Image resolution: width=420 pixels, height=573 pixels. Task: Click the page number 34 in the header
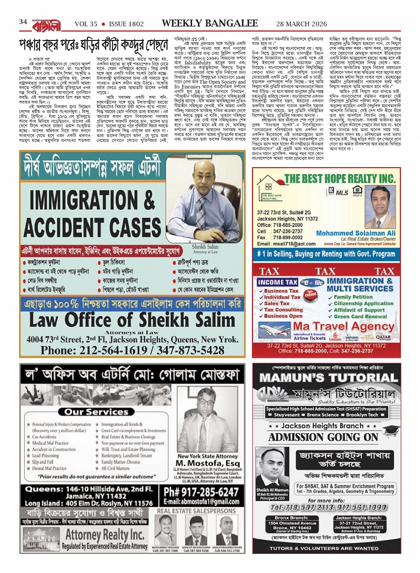pyautogui.click(x=23, y=22)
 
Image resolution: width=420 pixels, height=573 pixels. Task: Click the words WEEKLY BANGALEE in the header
pyautogui.click(x=210, y=24)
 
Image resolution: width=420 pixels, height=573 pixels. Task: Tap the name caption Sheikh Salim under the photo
pyautogui.click(x=205, y=247)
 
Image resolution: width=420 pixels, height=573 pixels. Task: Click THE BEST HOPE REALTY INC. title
pyautogui.click(x=340, y=179)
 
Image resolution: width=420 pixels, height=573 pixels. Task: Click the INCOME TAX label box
pyautogui.click(x=277, y=282)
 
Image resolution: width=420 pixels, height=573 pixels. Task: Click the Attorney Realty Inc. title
pyautogui.click(x=105, y=534)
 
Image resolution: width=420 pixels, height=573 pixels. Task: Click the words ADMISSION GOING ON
pyautogui.click(x=323, y=437)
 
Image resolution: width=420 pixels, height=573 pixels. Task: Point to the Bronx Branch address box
pyautogui.click(x=292, y=525)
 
